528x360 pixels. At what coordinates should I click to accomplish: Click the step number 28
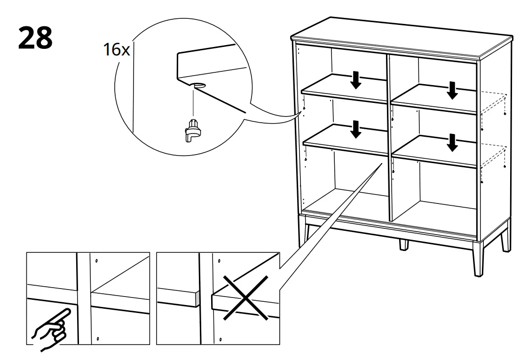(35, 39)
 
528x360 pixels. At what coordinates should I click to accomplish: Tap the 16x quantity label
(116, 50)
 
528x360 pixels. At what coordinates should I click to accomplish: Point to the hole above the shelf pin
(198, 86)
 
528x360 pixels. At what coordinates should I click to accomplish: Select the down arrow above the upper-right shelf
(452, 90)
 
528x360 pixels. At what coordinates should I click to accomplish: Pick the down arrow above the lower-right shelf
(452, 143)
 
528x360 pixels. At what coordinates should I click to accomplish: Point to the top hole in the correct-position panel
(96, 261)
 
